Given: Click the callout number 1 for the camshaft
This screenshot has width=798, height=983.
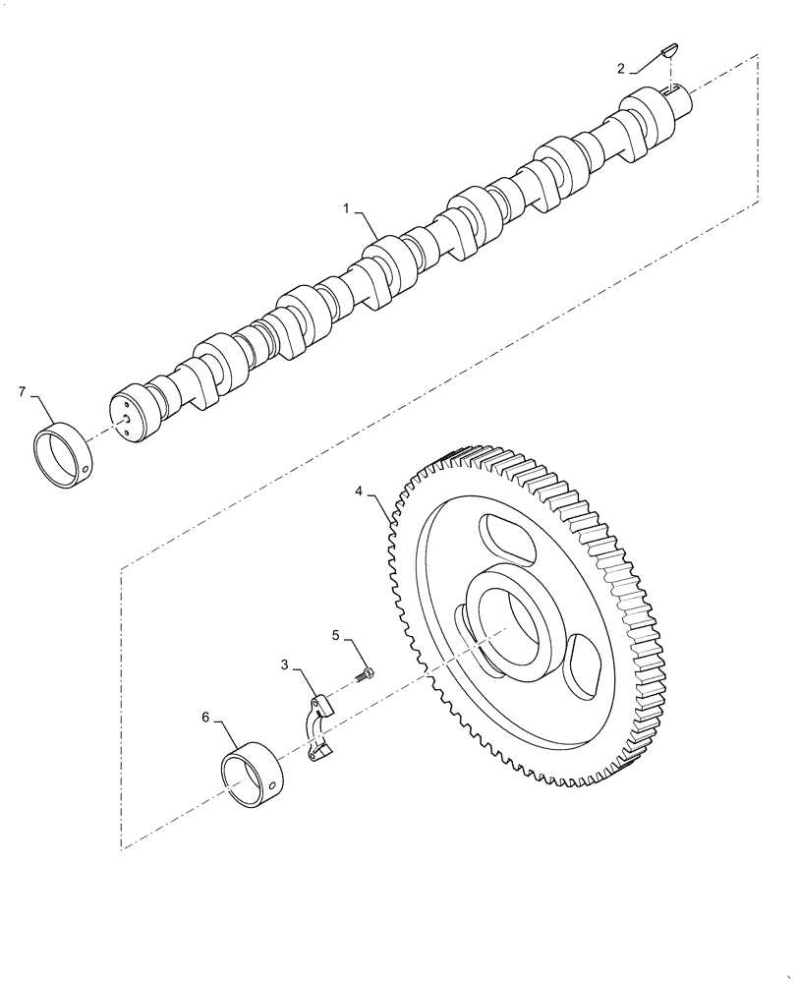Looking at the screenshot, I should [347, 209].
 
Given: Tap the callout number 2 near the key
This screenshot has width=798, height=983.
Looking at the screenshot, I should [620, 68].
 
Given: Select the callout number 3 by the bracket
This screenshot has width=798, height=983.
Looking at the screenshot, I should [285, 665].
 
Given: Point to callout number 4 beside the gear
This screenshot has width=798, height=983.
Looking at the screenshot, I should [360, 489].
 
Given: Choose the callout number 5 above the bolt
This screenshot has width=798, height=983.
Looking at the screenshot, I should [336, 637].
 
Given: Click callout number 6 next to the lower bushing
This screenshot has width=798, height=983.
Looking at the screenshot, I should [206, 719].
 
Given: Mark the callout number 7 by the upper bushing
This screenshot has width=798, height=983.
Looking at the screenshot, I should [22, 392].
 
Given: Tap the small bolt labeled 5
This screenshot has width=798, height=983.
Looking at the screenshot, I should [366, 674].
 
